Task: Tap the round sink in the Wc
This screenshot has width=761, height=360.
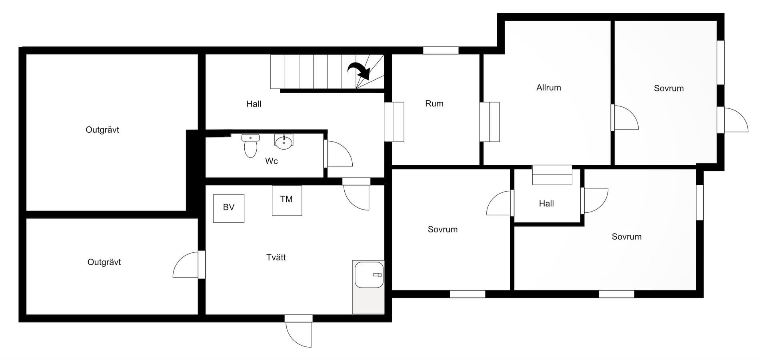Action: click(284, 142)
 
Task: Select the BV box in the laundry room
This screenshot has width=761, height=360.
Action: click(229, 208)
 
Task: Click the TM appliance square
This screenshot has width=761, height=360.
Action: click(287, 200)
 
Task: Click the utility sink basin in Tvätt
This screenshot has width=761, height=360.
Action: click(369, 275)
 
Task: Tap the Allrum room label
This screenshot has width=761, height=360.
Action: click(549, 88)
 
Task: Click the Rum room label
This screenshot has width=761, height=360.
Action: click(434, 104)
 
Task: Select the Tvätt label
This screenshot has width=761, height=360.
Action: click(276, 257)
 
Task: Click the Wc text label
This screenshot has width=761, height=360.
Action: click(272, 161)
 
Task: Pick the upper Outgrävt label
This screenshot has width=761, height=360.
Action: click(102, 130)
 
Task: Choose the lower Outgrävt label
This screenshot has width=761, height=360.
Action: click(104, 262)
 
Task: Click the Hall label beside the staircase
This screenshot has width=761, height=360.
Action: click(254, 104)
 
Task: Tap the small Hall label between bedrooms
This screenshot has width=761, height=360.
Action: click(546, 204)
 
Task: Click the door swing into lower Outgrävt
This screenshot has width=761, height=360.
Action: click(186, 264)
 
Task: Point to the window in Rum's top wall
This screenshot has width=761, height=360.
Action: click(441, 50)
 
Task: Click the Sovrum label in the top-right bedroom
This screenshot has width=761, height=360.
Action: click(669, 88)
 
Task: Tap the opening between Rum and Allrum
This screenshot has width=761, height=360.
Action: click(489, 122)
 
